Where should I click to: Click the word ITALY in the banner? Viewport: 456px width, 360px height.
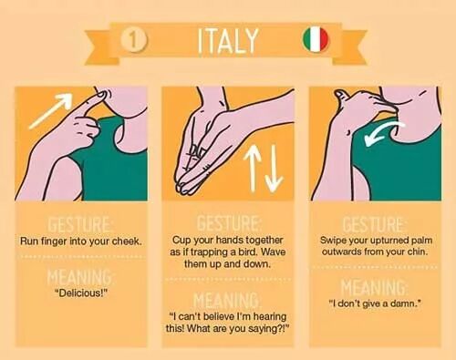pyautogui.click(x=228, y=41)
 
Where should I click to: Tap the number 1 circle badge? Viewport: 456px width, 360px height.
pyautogui.click(x=134, y=40)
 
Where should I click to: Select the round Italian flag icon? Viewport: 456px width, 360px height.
pyautogui.click(x=316, y=39)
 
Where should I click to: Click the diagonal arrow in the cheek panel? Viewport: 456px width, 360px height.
pyautogui.click(x=51, y=110)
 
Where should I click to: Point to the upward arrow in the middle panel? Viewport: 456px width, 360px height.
pyautogui.click(x=253, y=169)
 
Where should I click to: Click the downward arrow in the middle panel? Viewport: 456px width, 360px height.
pyautogui.click(x=274, y=169)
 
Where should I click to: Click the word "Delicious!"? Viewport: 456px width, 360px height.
pyautogui.click(x=81, y=293)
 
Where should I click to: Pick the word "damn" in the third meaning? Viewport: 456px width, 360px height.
pyautogui.click(x=406, y=303)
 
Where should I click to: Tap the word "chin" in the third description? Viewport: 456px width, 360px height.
pyautogui.click(x=418, y=252)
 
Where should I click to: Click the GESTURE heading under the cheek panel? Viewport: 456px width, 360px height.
pyautogui.click(x=79, y=225)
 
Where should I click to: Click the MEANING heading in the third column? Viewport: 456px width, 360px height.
pyautogui.click(x=373, y=287)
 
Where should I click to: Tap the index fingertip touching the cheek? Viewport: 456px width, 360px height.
pyautogui.click(x=101, y=96)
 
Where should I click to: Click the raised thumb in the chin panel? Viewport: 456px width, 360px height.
pyautogui.click(x=340, y=96)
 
